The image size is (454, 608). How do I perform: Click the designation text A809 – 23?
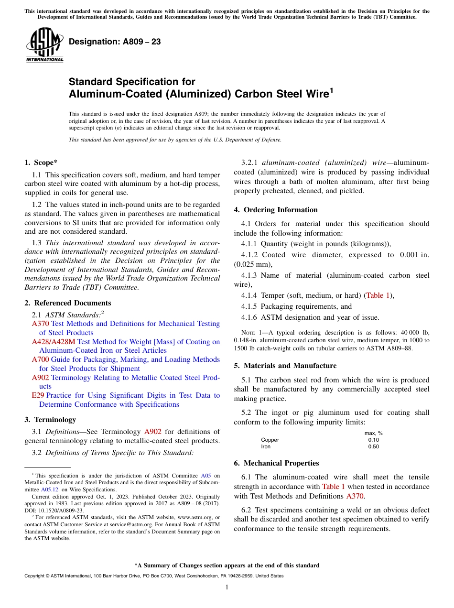tap(115, 42)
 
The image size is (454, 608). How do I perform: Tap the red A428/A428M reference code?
tap(54, 342)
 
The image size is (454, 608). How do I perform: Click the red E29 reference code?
tap(38, 395)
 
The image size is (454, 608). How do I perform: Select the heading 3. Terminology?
tap(50, 420)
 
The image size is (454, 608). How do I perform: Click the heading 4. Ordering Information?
tap(275, 210)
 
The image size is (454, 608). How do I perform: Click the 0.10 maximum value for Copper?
tap(373, 440)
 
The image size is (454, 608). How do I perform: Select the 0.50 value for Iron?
tap(373, 446)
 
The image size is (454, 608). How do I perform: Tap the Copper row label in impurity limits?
tap(270, 440)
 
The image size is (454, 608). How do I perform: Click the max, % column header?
tap(373, 433)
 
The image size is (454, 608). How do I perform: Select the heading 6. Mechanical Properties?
tap(276, 463)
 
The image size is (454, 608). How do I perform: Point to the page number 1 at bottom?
tap(227, 587)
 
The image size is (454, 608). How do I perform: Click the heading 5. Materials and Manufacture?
tap(285, 366)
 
